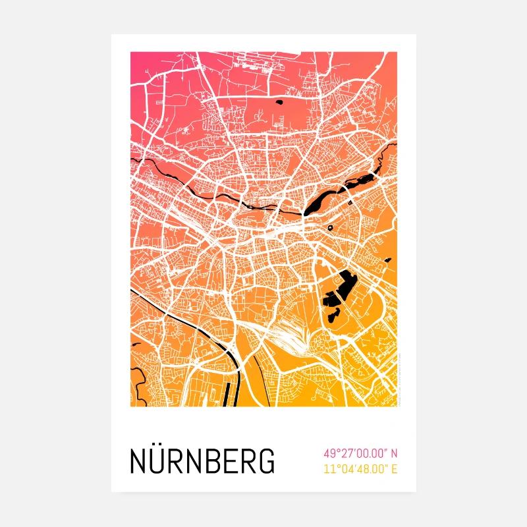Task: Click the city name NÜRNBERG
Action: point(203,461)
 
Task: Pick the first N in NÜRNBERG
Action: point(140,461)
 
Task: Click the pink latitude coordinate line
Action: point(361,453)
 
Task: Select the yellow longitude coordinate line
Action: point(361,470)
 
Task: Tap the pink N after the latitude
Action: point(395,453)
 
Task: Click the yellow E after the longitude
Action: point(395,470)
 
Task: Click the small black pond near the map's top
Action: point(283,101)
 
